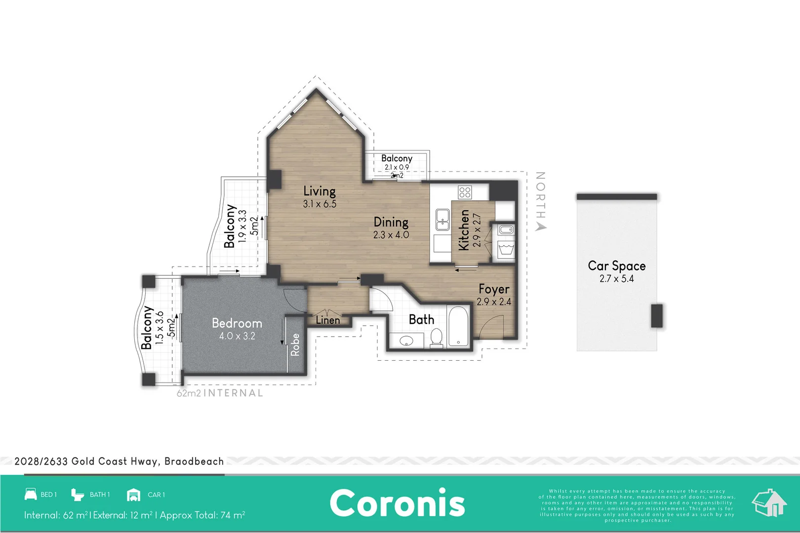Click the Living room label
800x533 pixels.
(320, 191)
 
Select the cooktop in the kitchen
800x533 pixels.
(465, 192)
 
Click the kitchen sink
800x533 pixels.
(442, 220)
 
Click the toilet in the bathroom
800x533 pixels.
(436, 338)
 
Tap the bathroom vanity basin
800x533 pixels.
(406, 341)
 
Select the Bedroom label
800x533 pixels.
(237, 323)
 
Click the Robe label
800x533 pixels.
(295, 344)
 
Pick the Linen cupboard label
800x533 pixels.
(328, 320)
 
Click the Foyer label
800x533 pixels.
(494, 289)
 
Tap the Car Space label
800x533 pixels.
(616, 266)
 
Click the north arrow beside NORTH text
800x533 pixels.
(541, 227)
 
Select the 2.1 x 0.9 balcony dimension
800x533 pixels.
(397, 167)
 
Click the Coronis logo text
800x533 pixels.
(398, 503)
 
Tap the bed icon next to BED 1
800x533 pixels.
(31, 494)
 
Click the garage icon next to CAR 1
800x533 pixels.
(133, 495)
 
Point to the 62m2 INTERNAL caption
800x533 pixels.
(220, 393)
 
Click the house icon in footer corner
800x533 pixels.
(769, 503)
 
